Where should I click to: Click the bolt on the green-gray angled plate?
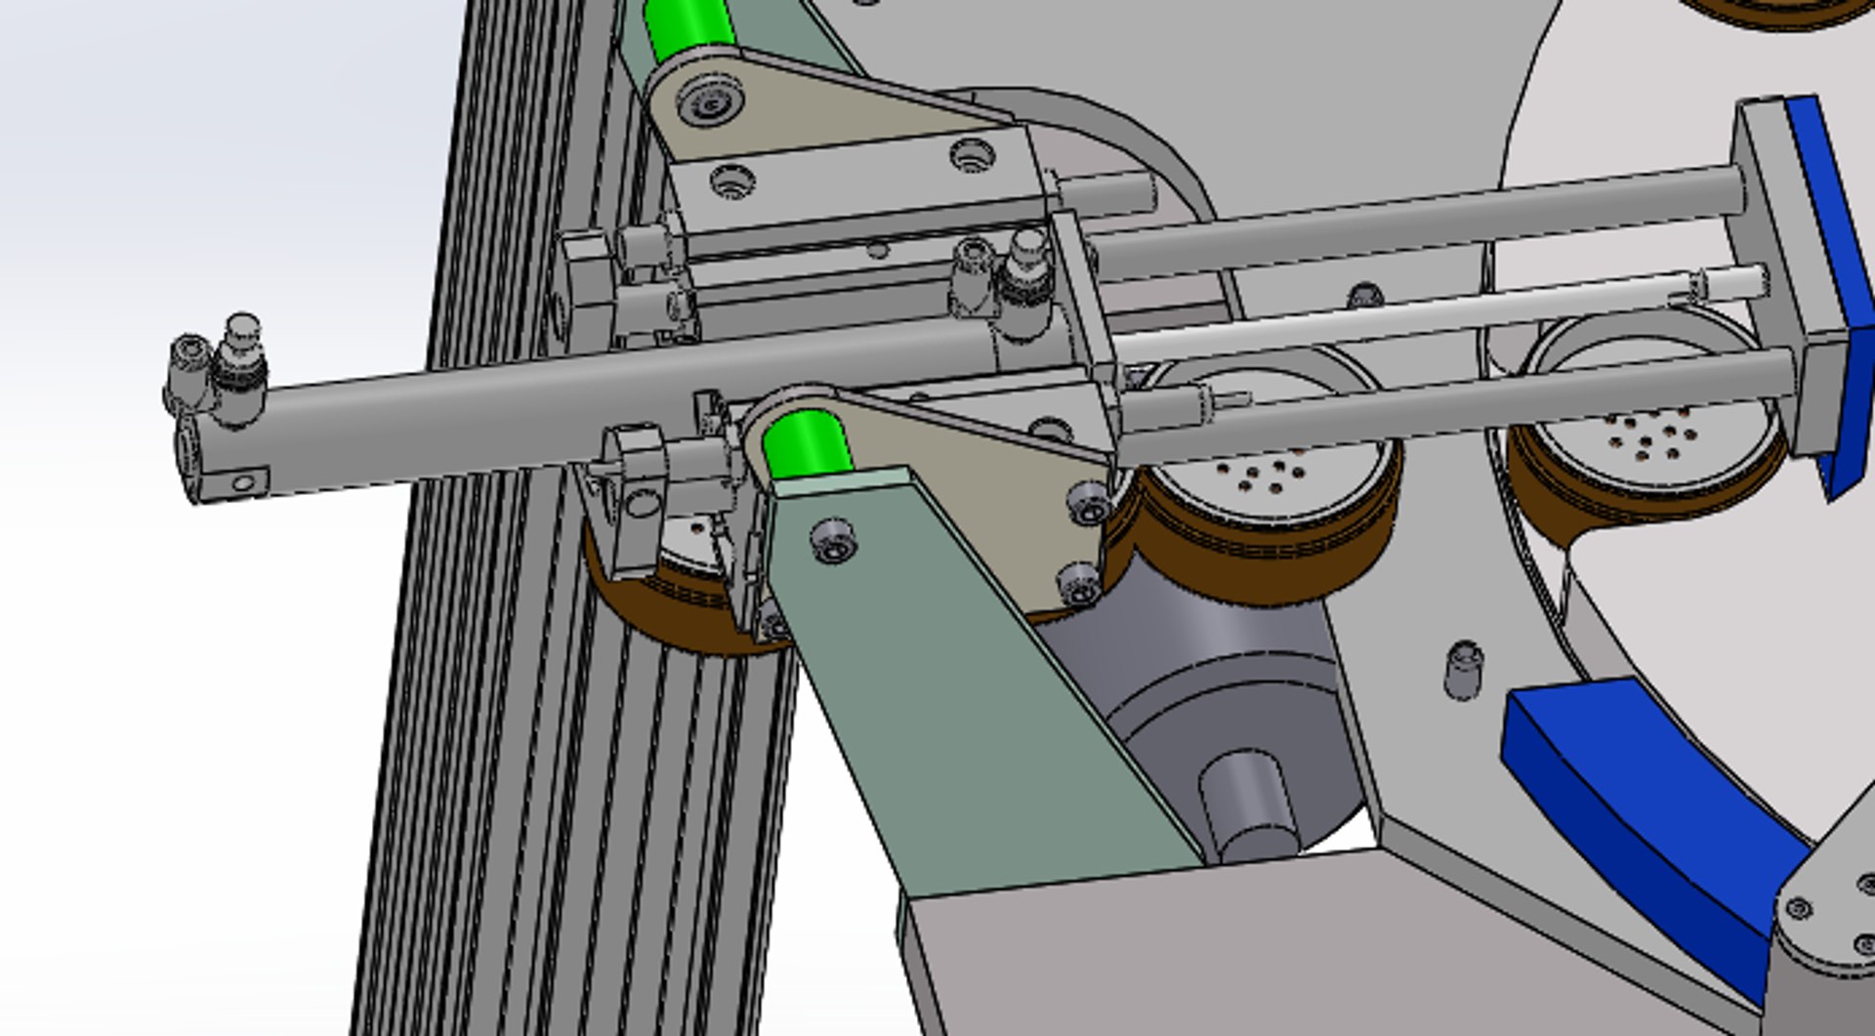click(833, 539)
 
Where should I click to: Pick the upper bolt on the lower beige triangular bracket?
click(1088, 502)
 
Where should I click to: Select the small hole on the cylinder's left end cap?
click(243, 482)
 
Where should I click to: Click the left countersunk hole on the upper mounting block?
click(732, 181)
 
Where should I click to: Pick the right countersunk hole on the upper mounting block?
click(972, 153)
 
